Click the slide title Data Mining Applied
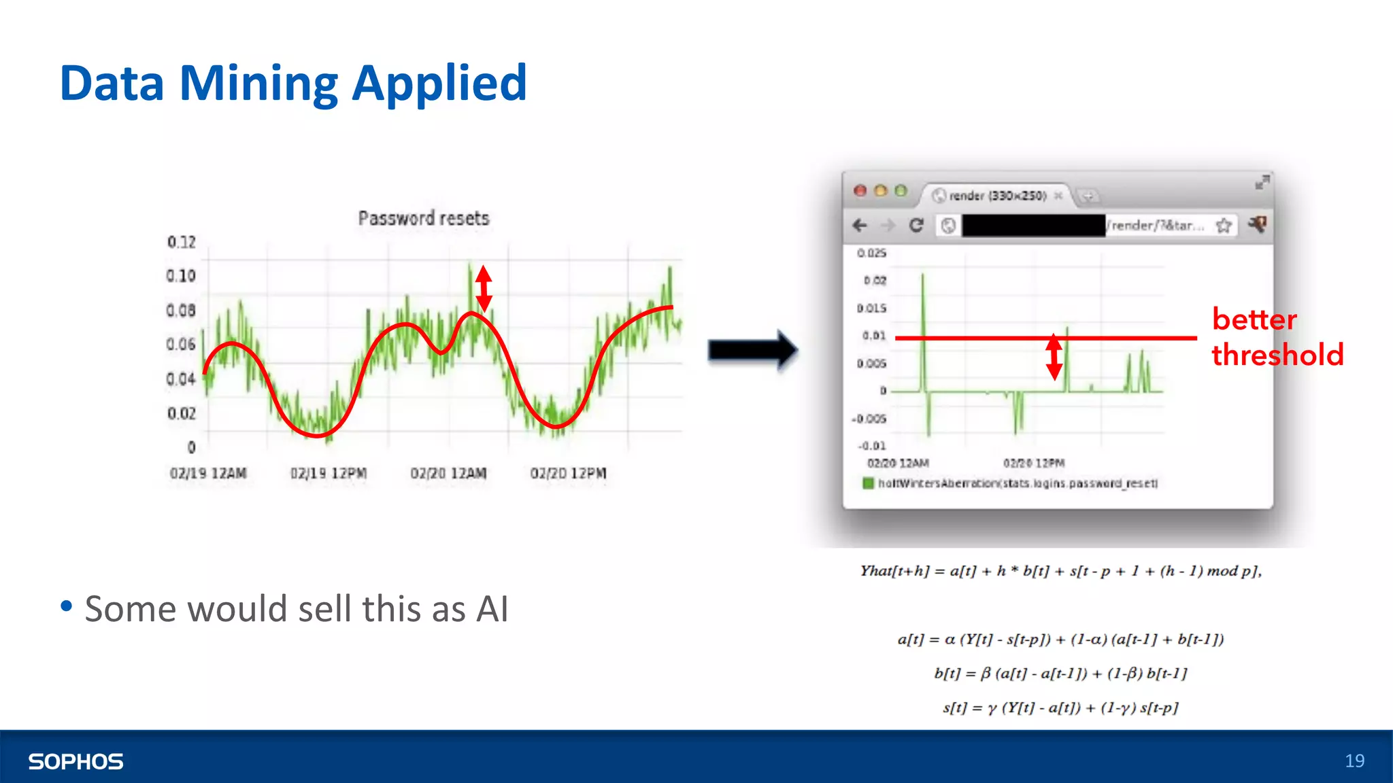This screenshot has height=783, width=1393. pyautogui.click(x=293, y=84)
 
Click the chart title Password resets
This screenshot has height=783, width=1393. pyautogui.click(x=423, y=218)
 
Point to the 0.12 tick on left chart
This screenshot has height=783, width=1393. pyautogui.click(x=181, y=242)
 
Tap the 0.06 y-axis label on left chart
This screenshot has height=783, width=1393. pyautogui.click(x=180, y=345)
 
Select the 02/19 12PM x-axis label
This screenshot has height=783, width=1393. pyautogui.click(x=328, y=473)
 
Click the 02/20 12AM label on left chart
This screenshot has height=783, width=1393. pyautogui.click(x=448, y=473)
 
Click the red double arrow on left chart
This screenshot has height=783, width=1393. pyautogui.click(x=484, y=288)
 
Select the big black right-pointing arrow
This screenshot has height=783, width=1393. pyautogui.click(x=752, y=350)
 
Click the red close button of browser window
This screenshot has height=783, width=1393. pyautogui.click(x=860, y=191)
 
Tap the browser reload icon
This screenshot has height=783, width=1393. pyautogui.click(x=916, y=225)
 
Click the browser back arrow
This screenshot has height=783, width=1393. pyautogui.click(x=860, y=225)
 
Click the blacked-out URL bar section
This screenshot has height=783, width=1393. pyautogui.click(x=1033, y=225)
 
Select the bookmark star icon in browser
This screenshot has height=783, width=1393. pyautogui.click(x=1224, y=226)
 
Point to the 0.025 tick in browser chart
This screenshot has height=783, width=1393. pyautogui.click(x=871, y=253)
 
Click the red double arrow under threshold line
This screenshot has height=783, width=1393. pyautogui.click(x=1054, y=357)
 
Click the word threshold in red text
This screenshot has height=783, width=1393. pyautogui.click(x=1277, y=355)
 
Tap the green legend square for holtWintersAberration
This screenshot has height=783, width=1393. pyautogui.click(x=868, y=483)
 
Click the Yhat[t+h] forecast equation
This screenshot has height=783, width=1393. pyautogui.click(x=1060, y=571)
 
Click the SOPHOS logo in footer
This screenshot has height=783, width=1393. pyautogui.click(x=75, y=761)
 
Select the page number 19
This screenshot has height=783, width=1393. pyautogui.click(x=1354, y=761)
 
